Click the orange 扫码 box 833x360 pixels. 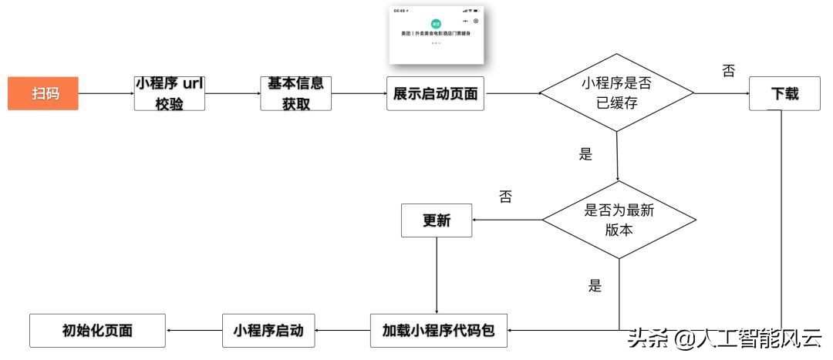[x=45, y=94]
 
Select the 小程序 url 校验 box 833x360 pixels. [x=169, y=93]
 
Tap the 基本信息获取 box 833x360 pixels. [x=295, y=93]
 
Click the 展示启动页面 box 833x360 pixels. [x=435, y=94]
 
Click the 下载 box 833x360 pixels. [x=784, y=94]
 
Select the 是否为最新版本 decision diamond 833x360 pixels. [x=619, y=220]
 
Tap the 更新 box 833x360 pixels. [x=436, y=220]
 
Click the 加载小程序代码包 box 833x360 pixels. [x=438, y=331]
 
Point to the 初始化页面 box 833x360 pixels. [x=97, y=331]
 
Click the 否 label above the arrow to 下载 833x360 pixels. [x=727, y=71]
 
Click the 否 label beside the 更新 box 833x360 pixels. [x=505, y=197]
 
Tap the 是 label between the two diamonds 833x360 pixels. [x=585, y=153]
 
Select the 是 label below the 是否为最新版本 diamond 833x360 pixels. [x=594, y=286]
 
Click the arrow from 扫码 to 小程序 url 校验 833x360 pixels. [x=107, y=94]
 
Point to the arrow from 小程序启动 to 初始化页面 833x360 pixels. [x=194, y=331]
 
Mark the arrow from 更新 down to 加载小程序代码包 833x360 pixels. [x=437, y=274]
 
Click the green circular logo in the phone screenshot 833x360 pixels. [x=436, y=24]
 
